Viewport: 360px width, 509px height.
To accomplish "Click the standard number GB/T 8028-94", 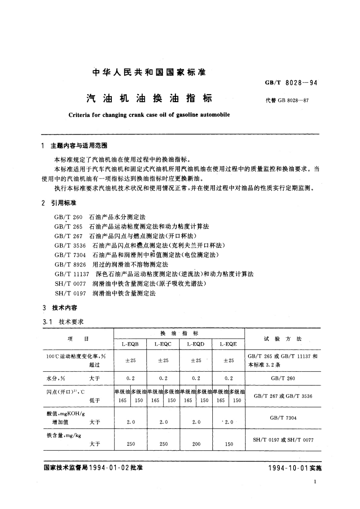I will tap(291, 83).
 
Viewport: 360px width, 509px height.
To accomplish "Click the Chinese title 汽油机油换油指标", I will tap(149, 99).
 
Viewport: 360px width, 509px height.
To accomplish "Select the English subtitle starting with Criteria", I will tap(149, 115).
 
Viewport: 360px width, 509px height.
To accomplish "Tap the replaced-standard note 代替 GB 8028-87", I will tap(287, 100).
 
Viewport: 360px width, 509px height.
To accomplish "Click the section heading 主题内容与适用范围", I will tap(79, 146).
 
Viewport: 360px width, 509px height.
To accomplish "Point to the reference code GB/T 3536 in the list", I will tap(70, 245).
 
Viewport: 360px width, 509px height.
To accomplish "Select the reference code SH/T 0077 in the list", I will tap(70, 284).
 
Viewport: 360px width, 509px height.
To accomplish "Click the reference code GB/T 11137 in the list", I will tap(72, 274).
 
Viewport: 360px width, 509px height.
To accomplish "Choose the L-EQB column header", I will tap(130, 344).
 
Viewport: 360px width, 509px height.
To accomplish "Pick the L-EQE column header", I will tap(228, 344).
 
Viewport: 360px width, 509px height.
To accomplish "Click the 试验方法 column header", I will tap(282, 339).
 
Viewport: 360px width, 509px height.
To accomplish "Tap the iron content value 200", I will tap(196, 444).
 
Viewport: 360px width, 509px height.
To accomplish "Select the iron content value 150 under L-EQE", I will tap(229, 444).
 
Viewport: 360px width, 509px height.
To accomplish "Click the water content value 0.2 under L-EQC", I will tap(163, 378).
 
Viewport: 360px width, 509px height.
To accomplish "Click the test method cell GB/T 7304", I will tap(283, 418).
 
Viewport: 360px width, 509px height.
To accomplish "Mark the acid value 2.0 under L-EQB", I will tap(131, 422).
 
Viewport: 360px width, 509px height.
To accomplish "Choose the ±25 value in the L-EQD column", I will tap(196, 361).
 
